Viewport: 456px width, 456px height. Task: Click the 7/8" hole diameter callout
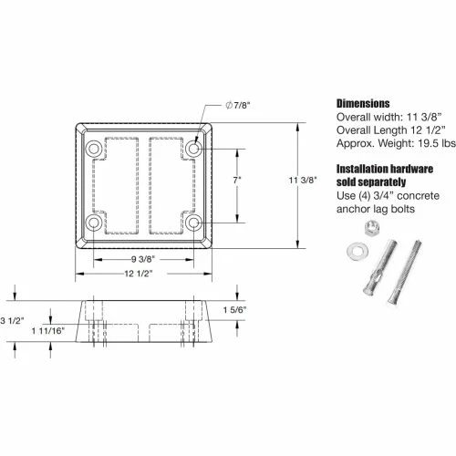point(238,106)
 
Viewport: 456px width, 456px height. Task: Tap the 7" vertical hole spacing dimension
point(237,181)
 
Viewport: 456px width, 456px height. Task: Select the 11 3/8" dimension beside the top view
point(303,181)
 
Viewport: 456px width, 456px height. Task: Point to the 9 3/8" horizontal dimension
point(143,259)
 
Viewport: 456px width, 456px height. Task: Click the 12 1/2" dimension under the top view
point(139,274)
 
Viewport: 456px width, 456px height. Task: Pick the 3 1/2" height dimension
point(12,320)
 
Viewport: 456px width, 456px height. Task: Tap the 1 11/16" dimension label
point(48,330)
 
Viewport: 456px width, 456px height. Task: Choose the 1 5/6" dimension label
point(234,310)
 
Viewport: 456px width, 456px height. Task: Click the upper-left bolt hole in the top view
point(94,149)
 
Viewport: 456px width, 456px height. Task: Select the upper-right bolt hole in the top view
point(193,149)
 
